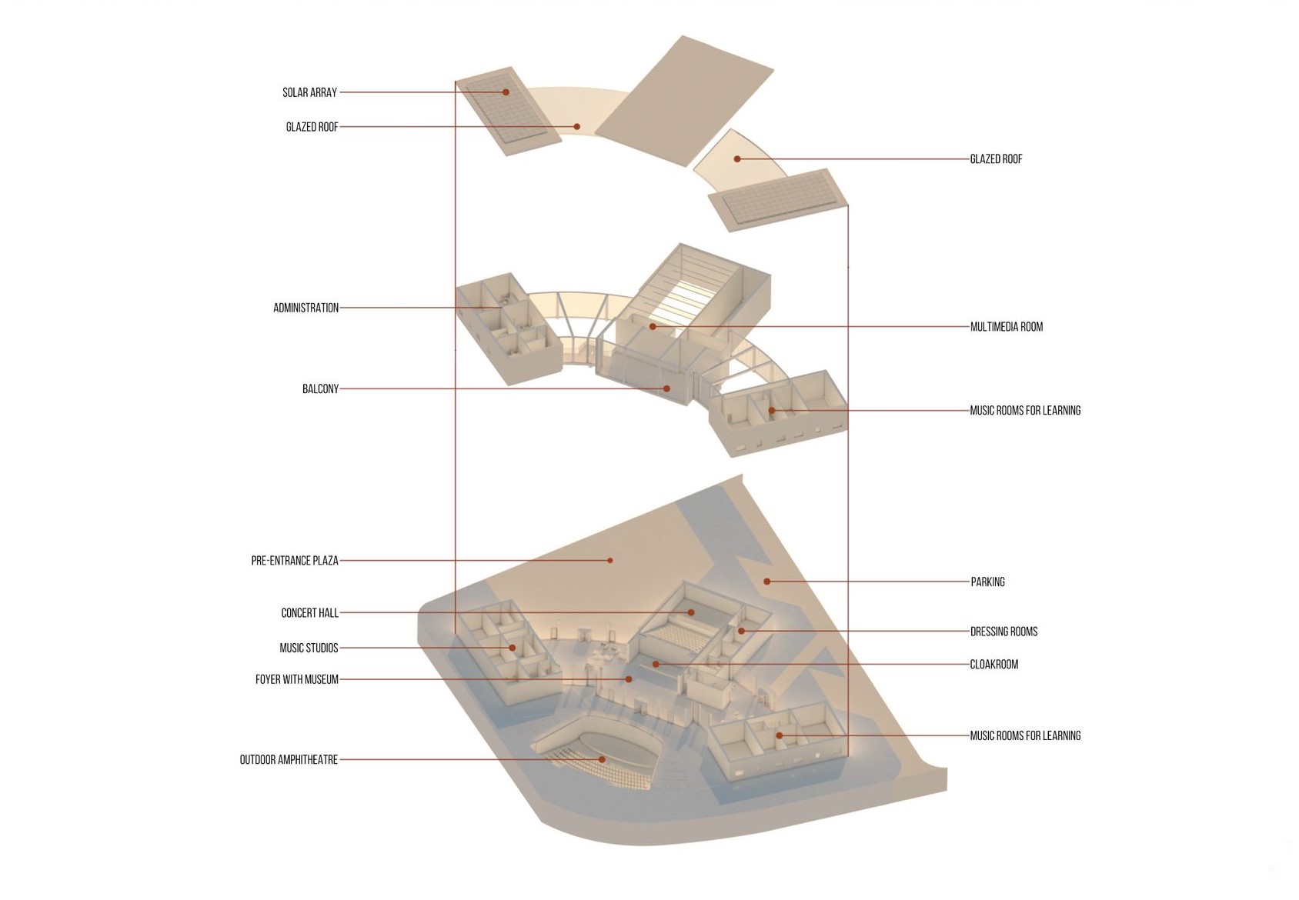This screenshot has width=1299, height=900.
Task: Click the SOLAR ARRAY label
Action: click(309, 92)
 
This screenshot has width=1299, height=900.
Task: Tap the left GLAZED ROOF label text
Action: click(312, 127)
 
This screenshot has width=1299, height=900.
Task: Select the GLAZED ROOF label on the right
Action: click(996, 159)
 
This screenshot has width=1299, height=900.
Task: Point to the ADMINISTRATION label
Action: click(306, 308)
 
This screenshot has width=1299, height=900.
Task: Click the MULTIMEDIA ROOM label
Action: click(1006, 327)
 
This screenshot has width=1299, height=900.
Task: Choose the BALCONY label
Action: click(320, 389)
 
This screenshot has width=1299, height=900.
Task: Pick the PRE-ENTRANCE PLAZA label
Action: click(294, 561)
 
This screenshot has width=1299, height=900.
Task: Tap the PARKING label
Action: click(987, 582)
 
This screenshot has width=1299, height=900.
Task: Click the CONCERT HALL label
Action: click(309, 613)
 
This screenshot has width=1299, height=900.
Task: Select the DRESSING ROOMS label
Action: click(1003, 632)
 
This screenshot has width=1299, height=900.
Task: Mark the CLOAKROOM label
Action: click(993, 665)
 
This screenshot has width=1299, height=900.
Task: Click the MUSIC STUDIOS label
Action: click(309, 648)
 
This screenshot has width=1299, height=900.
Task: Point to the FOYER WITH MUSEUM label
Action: click(296, 680)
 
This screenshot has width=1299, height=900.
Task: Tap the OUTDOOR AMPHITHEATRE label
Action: click(289, 760)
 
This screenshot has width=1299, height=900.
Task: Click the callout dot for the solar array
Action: click(506, 92)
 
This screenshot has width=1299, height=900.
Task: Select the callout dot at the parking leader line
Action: click(766, 582)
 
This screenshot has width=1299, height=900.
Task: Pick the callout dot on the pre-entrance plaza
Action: click(610, 561)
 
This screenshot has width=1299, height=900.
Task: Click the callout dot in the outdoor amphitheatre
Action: click(603, 759)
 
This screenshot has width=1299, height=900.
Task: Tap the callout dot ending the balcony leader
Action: click(667, 388)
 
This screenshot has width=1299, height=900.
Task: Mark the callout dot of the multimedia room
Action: click(653, 327)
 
